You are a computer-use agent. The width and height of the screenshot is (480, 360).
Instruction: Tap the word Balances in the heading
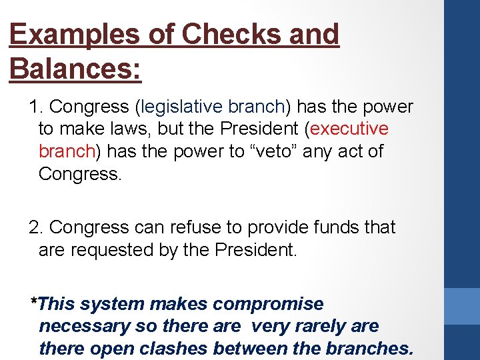[x=74, y=69]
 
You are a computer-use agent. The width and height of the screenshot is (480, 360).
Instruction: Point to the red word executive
[x=349, y=129]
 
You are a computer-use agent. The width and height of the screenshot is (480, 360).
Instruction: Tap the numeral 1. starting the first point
[x=36, y=107]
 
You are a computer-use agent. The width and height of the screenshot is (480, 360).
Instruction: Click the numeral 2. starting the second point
[x=36, y=227]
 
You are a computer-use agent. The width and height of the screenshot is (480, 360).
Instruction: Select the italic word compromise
[x=268, y=304]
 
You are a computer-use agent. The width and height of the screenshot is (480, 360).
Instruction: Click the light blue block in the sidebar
[x=462, y=305]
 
